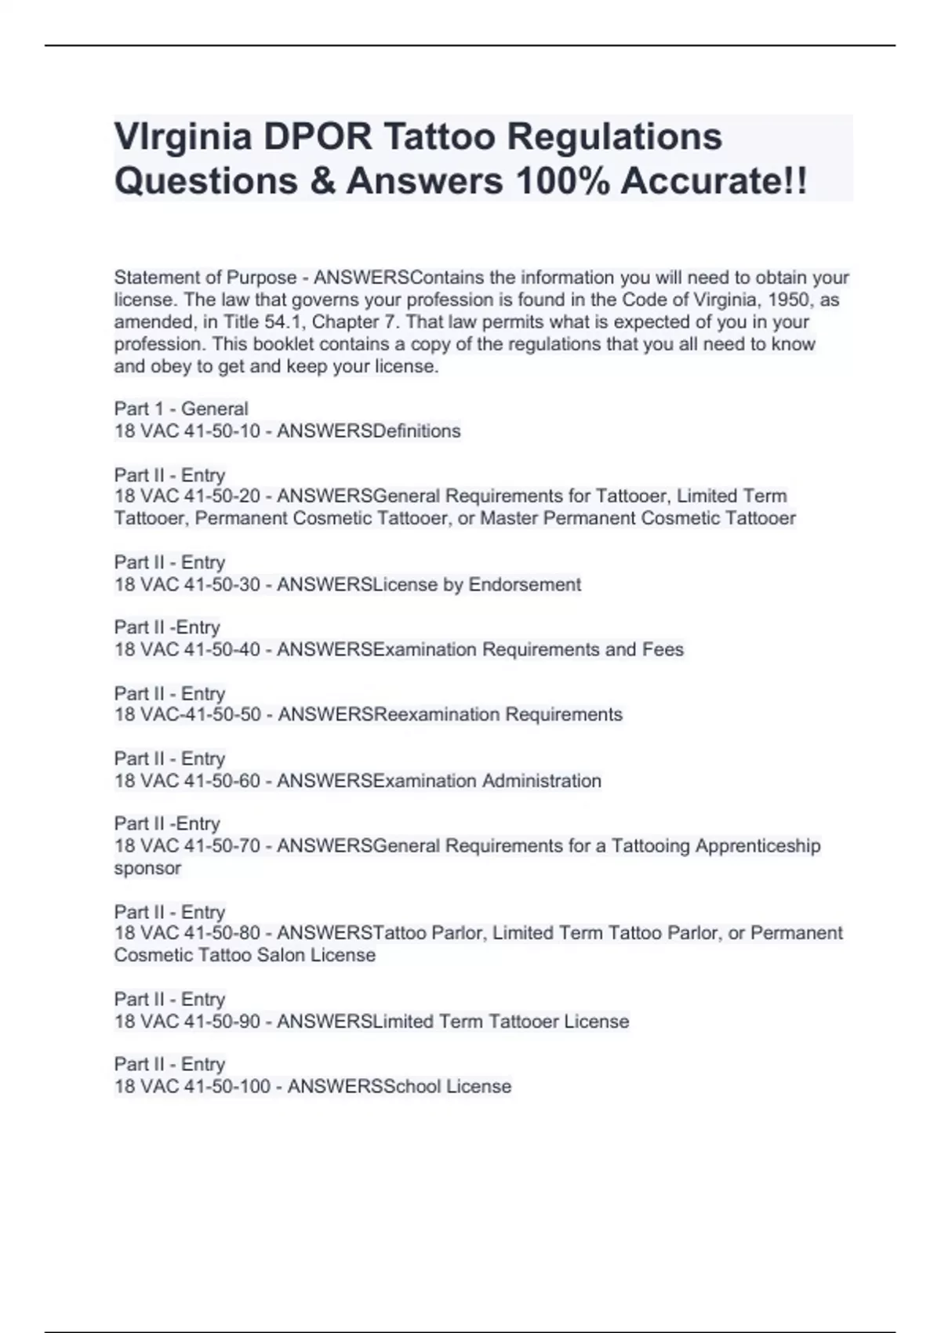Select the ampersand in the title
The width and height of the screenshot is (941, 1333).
[x=322, y=182]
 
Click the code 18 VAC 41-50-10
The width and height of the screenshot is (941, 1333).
[x=187, y=431]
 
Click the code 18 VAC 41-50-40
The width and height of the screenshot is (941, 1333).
[x=187, y=650]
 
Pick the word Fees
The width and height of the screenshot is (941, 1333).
[x=663, y=650]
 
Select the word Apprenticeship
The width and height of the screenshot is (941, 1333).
[x=758, y=846]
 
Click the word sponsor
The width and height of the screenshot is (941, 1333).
[x=147, y=869]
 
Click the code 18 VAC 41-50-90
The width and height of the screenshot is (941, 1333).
[x=187, y=1022]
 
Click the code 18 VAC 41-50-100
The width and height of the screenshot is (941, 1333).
[x=192, y=1087]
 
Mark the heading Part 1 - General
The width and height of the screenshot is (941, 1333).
[x=181, y=409]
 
